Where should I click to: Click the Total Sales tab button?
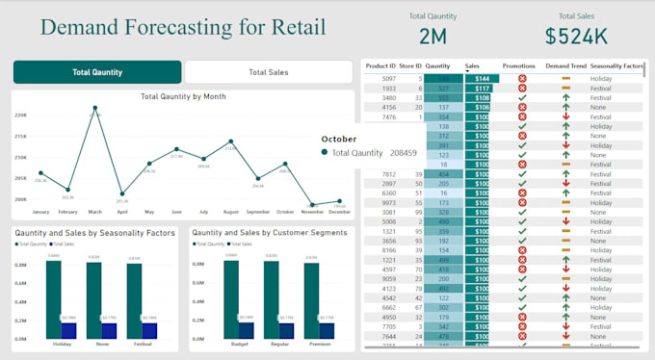269,72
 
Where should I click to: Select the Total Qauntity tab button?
97,72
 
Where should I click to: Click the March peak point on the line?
94,116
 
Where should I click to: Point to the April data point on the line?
121,193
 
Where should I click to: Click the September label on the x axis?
257,212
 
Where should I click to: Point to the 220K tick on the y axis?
20,116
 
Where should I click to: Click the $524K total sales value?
576,37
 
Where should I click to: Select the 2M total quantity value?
432,37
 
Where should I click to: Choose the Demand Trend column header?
564,66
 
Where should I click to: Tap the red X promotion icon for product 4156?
522,107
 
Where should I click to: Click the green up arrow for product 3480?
565,97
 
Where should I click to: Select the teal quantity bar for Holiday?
53,298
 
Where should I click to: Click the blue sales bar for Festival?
149,330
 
